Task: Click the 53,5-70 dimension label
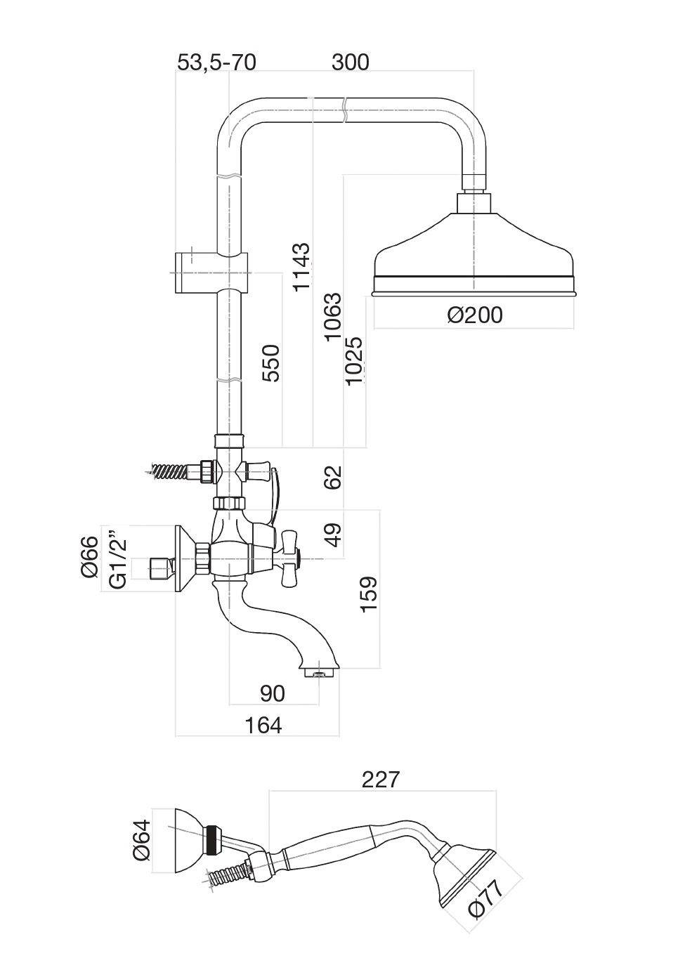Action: pyautogui.click(x=216, y=63)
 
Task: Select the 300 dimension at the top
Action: pyautogui.click(x=350, y=63)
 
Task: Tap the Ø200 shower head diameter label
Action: pyautogui.click(x=475, y=315)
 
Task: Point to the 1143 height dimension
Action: pyautogui.click(x=301, y=267)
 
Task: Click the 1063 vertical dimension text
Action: pyautogui.click(x=333, y=317)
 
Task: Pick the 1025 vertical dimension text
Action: pyautogui.click(x=355, y=360)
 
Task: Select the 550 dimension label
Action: pyautogui.click(x=271, y=362)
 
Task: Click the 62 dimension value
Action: pyautogui.click(x=332, y=477)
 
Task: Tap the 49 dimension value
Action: pyautogui.click(x=332, y=535)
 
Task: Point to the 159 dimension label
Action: pyautogui.click(x=368, y=594)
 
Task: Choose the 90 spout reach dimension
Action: pyautogui.click(x=273, y=693)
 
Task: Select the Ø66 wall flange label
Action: pyautogui.click(x=90, y=558)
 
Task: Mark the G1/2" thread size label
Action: pyautogui.click(x=119, y=563)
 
